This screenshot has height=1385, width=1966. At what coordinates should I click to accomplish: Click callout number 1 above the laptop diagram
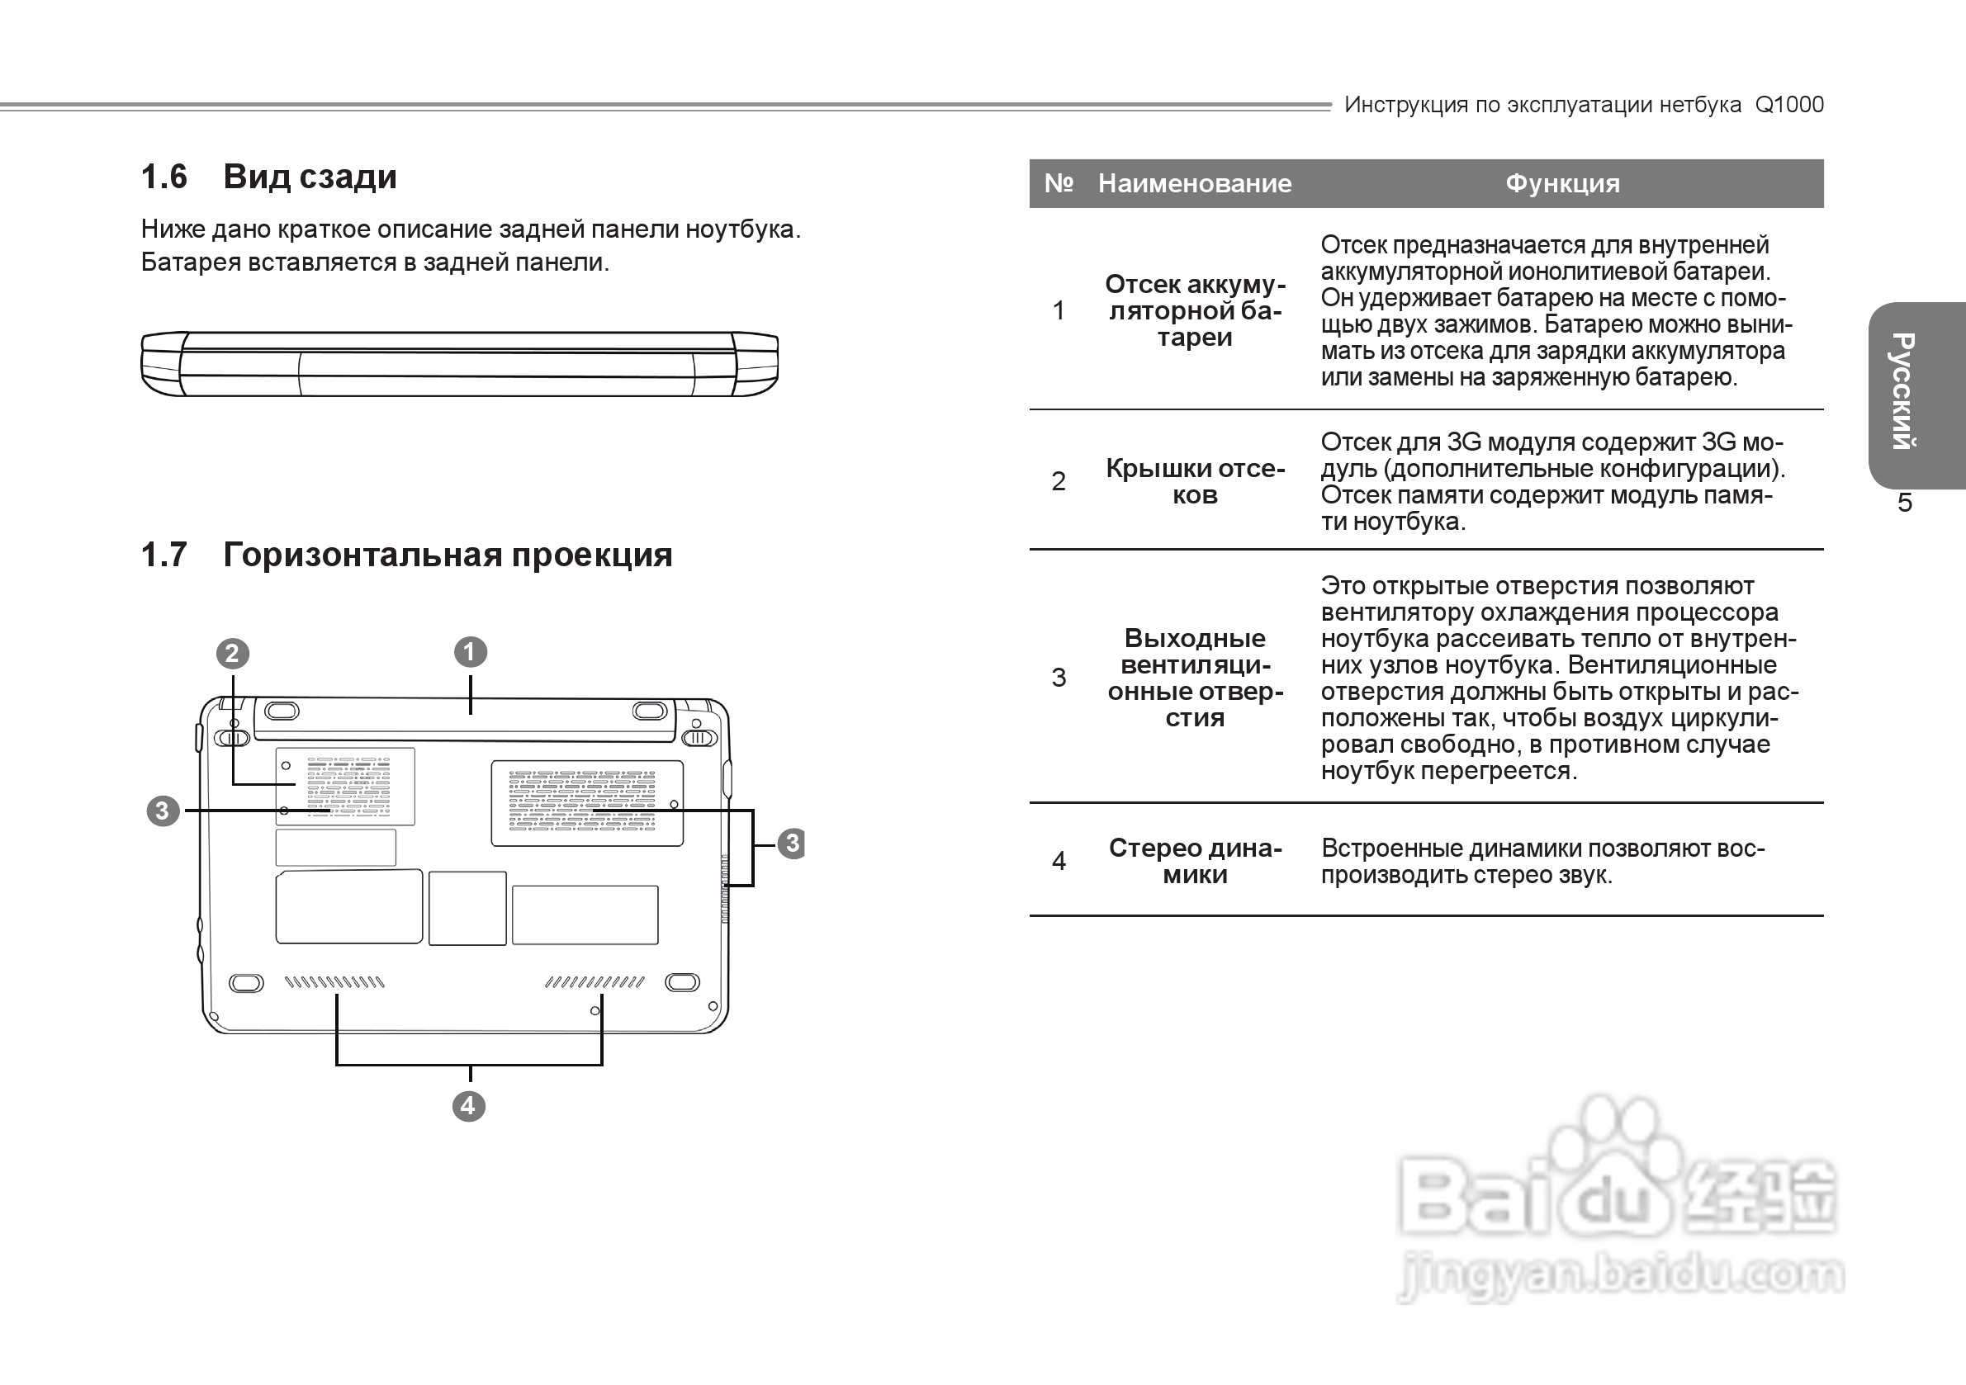tap(470, 652)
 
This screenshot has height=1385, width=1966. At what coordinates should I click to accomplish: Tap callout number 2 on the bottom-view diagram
tap(232, 654)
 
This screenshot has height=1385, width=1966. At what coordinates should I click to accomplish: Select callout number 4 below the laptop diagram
tap(468, 1106)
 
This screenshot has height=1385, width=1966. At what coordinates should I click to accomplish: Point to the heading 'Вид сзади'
tap(310, 177)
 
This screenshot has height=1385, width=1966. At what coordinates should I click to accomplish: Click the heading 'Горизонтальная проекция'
tap(447, 555)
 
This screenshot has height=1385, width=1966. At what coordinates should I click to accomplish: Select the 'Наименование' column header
tap(1195, 183)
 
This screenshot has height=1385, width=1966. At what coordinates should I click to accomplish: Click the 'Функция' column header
tap(1562, 183)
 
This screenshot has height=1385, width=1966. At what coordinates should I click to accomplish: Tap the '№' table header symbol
tap(1059, 183)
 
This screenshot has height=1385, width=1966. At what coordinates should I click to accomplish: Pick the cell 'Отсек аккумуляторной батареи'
tap(1195, 310)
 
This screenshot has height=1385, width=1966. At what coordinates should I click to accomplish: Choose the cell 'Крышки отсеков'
tap(1195, 481)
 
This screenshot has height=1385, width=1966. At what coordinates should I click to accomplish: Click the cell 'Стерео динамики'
tap(1195, 861)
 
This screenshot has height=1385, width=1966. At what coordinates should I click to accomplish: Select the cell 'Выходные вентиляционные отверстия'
tap(1195, 677)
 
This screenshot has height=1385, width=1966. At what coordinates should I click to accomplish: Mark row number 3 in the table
tap(1059, 677)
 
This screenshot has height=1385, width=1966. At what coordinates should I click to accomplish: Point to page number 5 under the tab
tap(1904, 503)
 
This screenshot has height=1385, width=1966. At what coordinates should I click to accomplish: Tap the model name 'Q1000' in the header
tap(1788, 105)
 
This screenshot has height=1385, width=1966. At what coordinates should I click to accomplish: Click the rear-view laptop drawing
tap(459, 364)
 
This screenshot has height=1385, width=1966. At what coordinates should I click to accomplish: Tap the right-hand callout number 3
tap(792, 844)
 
